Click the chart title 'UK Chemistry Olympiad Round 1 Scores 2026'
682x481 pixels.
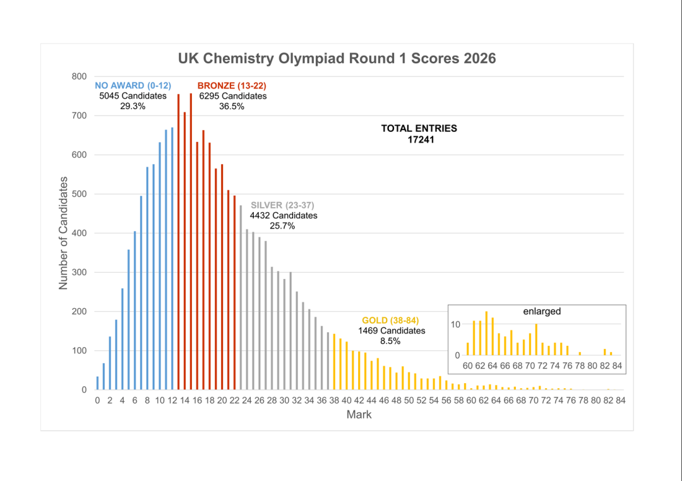337,58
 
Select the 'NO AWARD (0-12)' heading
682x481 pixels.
133,86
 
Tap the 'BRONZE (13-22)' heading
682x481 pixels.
232,86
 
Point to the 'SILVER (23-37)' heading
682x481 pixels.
282,205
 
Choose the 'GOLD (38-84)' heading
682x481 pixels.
391,321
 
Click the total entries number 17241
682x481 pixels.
421,140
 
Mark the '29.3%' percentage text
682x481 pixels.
133,107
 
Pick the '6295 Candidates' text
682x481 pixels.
232,96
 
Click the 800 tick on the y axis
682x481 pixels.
79,76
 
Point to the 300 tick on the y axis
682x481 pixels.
79,273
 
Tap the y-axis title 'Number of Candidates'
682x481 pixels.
64,233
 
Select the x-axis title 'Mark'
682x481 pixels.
359,415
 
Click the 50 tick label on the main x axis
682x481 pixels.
409,401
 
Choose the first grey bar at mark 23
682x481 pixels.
241,297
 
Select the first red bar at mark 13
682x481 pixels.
178,242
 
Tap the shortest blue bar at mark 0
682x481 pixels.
97,383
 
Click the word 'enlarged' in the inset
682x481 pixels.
542,311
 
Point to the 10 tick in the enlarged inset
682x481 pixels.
455,324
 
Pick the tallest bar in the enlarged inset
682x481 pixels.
486,333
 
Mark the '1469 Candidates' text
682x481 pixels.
392,331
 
